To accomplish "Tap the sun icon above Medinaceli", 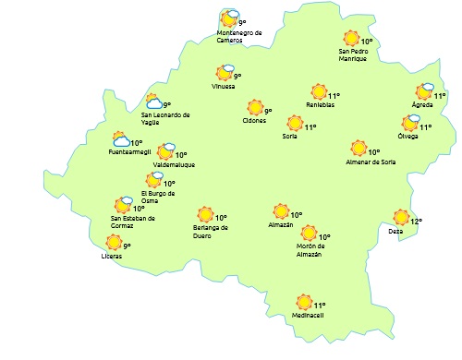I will click(303, 302).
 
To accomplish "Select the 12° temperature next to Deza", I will click(416, 222).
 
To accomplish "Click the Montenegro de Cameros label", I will click(239, 36).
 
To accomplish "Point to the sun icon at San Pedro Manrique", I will click(351, 39).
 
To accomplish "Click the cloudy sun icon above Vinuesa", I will click(225, 71).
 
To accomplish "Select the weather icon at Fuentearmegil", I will click(120, 140).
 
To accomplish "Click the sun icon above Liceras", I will click(114, 242).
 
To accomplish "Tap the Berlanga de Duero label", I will click(211, 231).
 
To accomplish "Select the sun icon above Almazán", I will click(281, 212).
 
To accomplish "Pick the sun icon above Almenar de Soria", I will click(359, 148).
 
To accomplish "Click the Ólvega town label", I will click(407, 137).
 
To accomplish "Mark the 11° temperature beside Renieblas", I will click(334, 95).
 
